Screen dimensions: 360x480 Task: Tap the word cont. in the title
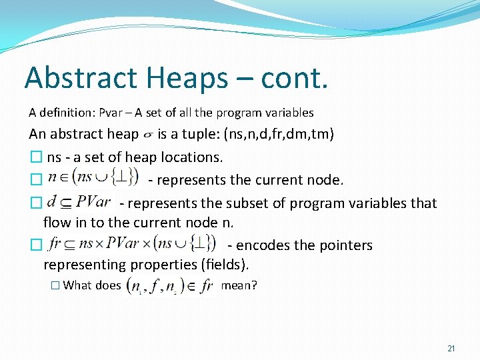coord(294,78)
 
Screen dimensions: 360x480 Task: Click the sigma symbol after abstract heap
coord(148,135)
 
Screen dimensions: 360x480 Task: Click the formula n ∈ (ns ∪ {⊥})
coord(92,179)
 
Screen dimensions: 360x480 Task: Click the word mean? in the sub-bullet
coord(239,285)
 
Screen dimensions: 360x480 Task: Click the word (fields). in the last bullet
coord(224,265)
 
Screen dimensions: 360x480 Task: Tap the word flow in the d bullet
coord(57,222)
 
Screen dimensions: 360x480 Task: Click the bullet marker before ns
coord(35,158)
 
